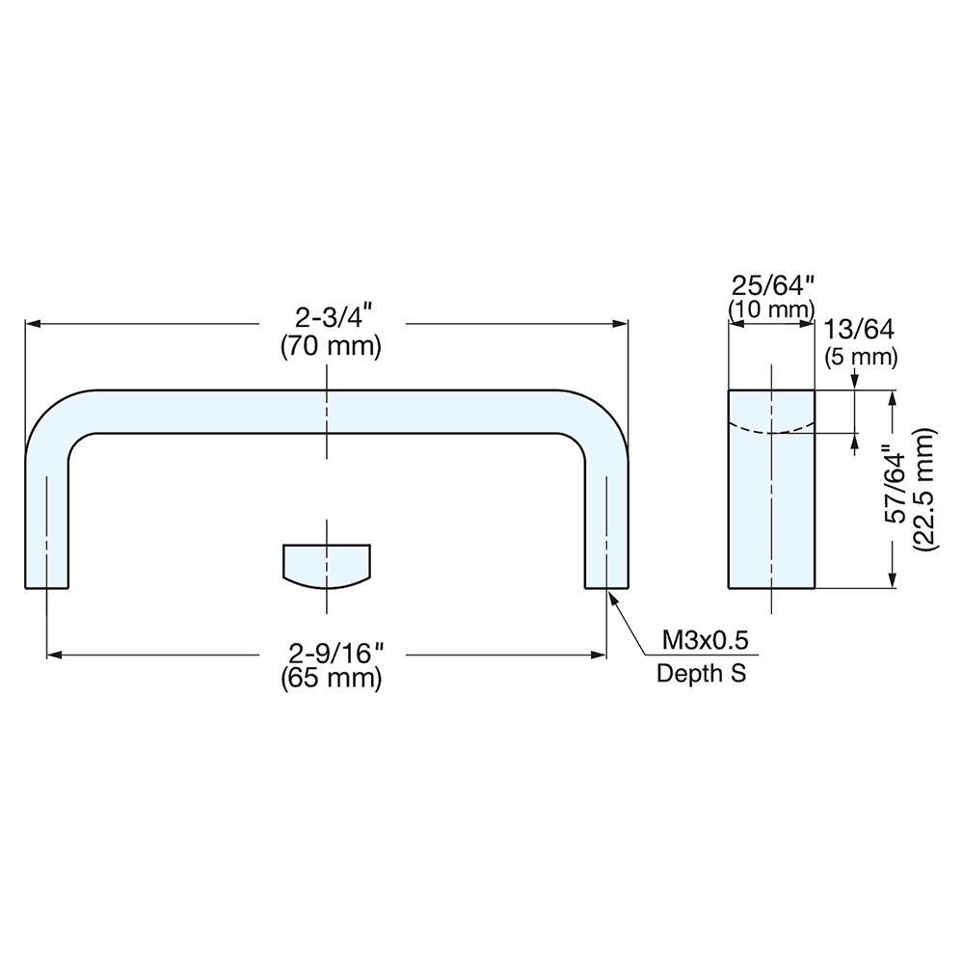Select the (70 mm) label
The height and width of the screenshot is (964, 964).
[331, 346]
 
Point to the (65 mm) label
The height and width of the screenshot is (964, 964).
[331, 679]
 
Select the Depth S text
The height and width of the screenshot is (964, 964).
[701, 673]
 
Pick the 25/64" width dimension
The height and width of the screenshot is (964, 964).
[772, 286]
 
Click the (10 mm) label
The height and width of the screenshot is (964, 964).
[771, 309]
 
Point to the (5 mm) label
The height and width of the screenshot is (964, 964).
[862, 357]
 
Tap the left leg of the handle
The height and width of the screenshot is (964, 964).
[46, 521]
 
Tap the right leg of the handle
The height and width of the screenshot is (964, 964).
[607, 521]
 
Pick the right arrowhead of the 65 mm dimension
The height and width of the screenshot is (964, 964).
[601, 656]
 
